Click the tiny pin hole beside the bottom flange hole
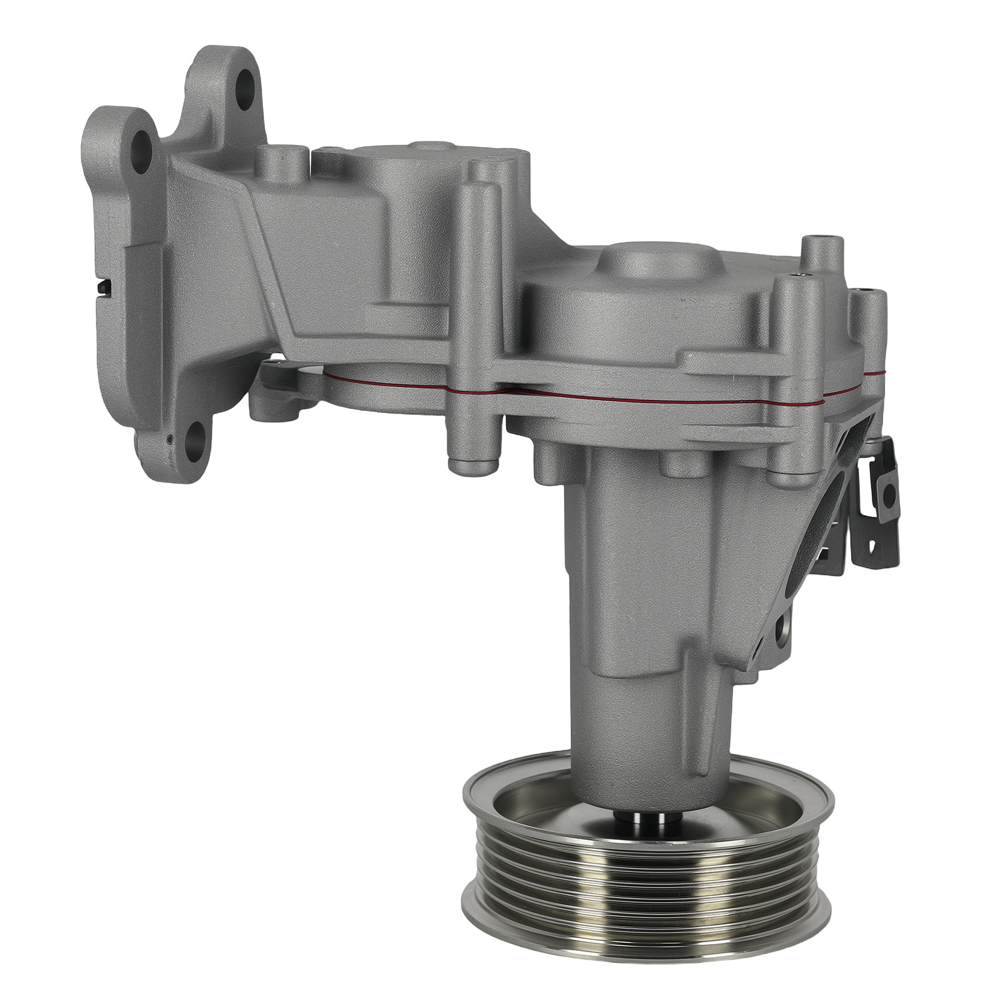[x=169, y=439]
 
